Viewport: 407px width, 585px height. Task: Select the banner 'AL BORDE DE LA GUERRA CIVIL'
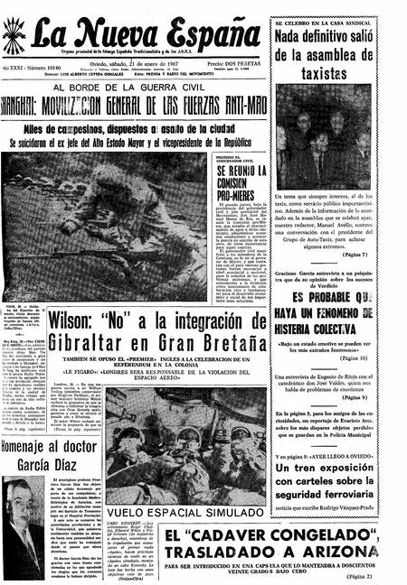pyautogui.click(x=137, y=88)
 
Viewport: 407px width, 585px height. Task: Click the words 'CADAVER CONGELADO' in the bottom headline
pyautogui.click(x=250, y=537)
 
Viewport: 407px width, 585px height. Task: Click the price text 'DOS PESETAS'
pyautogui.click(x=237, y=64)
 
